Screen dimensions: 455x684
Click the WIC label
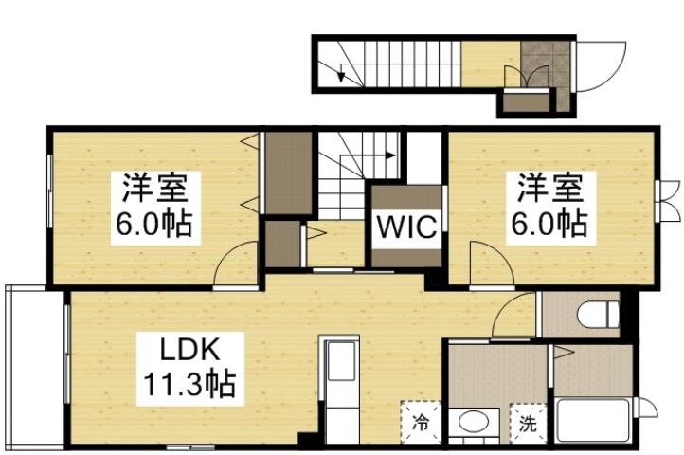click(407, 228)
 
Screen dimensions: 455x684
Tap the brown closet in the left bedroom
click(288, 173)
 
